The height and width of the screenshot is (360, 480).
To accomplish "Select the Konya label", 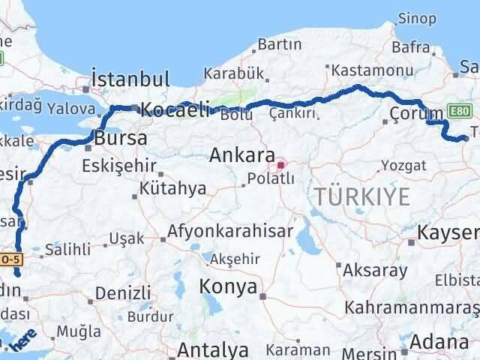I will pyautogui.click(x=228, y=286).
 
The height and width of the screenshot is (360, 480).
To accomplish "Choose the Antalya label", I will pyautogui.click(x=214, y=349).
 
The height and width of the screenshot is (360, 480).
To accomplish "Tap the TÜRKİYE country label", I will pyautogui.click(x=363, y=197).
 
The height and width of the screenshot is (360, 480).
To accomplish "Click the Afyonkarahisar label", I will pyautogui.click(x=230, y=232).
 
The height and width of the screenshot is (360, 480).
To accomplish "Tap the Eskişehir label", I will pyautogui.click(x=120, y=165).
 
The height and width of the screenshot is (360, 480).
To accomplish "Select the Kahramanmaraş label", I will pyautogui.click(x=411, y=308).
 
